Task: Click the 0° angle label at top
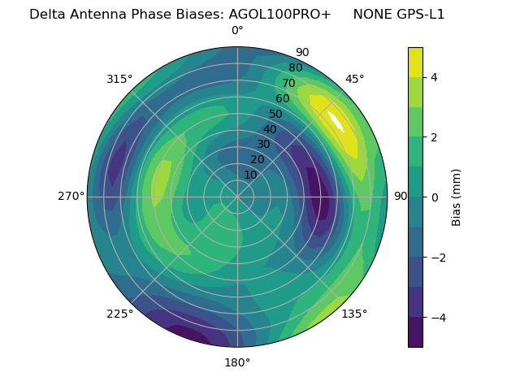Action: [x=237, y=31]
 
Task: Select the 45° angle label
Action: [x=354, y=79]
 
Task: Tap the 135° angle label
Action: [x=354, y=314]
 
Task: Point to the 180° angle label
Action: [x=237, y=362]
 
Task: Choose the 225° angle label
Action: [x=119, y=314]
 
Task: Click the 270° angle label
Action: [x=71, y=196]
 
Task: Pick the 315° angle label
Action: [x=119, y=79]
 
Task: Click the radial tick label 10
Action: [x=250, y=175]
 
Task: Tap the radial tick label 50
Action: [x=276, y=114]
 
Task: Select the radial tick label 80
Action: [x=295, y=67]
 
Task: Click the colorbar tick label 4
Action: [x=434, y=77]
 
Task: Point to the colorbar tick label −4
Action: [x=437, y=317]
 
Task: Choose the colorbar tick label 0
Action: [x=434, y=197]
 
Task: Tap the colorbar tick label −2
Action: [x=437, y=257]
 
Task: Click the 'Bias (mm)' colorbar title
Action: [x=457, y=197]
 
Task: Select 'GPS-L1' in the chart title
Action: [x=422, y=14]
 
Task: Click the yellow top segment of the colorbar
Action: [x=415, y=62]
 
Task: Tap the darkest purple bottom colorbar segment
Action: [x=415, y=331]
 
